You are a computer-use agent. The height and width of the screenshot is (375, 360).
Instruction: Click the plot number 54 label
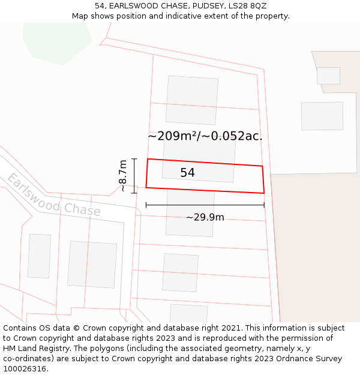[187, 173]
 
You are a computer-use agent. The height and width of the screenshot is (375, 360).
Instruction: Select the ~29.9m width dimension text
[205, 217]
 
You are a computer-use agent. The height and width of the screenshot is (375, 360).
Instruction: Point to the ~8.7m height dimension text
[122, 175]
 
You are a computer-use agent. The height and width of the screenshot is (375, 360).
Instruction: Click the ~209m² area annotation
[205, 136]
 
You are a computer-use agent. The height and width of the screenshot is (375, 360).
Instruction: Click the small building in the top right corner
[328, 76]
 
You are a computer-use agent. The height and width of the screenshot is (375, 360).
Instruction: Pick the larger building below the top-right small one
[322, 116]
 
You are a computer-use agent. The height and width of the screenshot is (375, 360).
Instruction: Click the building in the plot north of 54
[192, 100]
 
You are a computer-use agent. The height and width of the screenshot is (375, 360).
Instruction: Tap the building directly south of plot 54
[190, 213]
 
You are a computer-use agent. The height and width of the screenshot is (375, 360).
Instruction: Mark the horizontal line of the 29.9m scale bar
[205, 205]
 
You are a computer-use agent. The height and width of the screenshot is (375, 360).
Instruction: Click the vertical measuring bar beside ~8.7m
[134, 173]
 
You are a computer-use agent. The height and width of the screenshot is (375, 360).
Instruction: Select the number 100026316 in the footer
[25, 369]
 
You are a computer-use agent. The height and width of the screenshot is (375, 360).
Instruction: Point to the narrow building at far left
[39, 256]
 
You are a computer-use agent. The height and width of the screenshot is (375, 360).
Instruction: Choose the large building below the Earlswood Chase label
[92, 265]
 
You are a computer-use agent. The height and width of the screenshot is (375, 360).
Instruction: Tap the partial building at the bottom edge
[188, 313]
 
